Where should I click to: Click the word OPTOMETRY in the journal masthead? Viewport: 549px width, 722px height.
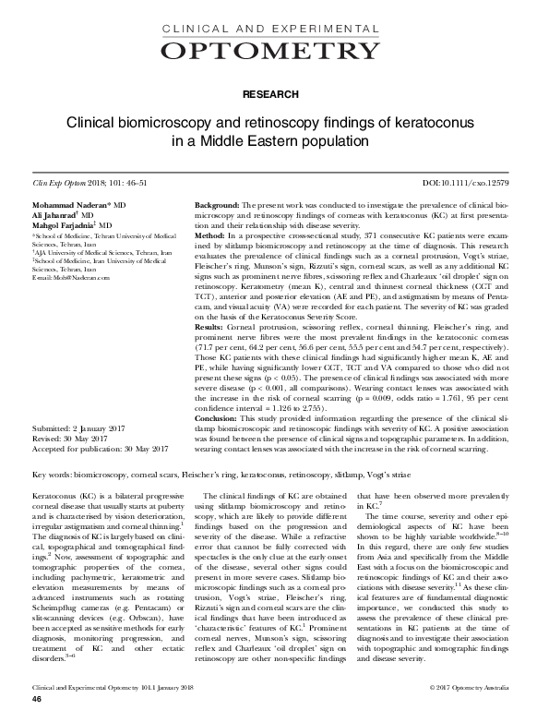click(274, 50)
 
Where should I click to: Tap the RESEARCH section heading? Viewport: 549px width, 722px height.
click(274, 94)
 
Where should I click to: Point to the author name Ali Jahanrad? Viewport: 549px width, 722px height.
click(56, 214)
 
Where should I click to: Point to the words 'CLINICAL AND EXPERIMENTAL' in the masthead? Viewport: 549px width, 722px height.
click(274, 30)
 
